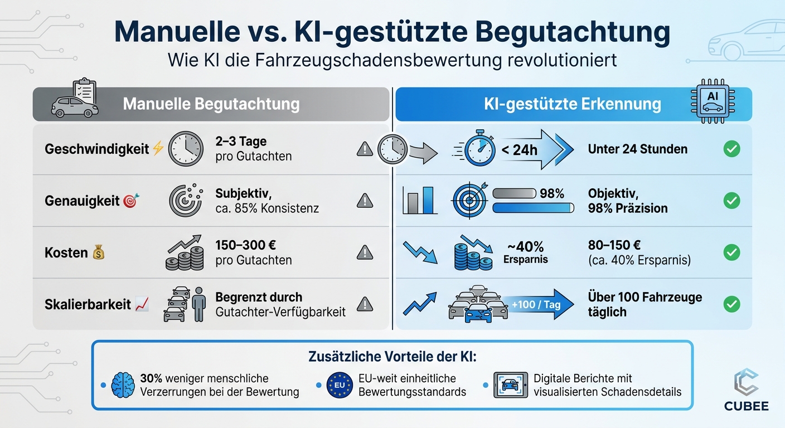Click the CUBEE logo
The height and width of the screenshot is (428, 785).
coord(746,391)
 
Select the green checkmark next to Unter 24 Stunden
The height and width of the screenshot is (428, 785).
coord(731,149)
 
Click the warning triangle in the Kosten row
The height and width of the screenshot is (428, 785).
coord(365,252)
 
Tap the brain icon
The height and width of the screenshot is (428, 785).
coord(123,385)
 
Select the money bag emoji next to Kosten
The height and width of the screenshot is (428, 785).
coord(99,252)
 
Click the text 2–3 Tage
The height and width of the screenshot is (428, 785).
coord(241,142)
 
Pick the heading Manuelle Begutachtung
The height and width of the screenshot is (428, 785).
coord(211,104)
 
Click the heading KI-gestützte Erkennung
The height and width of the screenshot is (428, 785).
coord(573,104)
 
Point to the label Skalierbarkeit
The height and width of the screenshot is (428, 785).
coord(88,304)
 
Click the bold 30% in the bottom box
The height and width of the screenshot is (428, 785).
coord(151,378)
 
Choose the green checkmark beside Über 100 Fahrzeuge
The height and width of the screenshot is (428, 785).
coord(731,304)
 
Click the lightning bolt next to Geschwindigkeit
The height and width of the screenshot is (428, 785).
coord(158,149)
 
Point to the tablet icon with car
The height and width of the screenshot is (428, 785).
coord(511,385)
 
